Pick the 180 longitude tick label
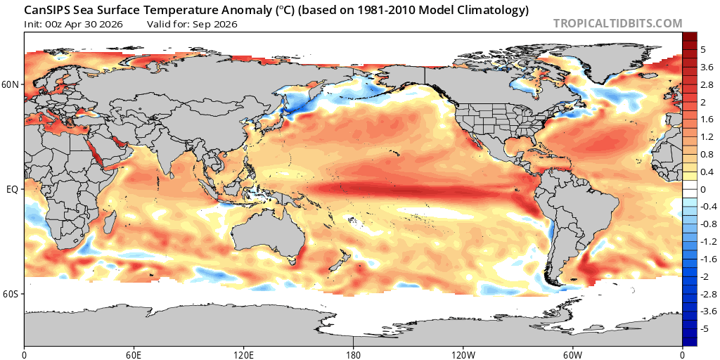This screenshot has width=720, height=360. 353,355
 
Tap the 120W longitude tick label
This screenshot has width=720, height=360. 463,355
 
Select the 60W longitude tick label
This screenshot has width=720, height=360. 572,355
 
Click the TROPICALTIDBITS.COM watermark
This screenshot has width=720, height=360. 617,23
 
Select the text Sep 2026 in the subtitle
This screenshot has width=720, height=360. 218,25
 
